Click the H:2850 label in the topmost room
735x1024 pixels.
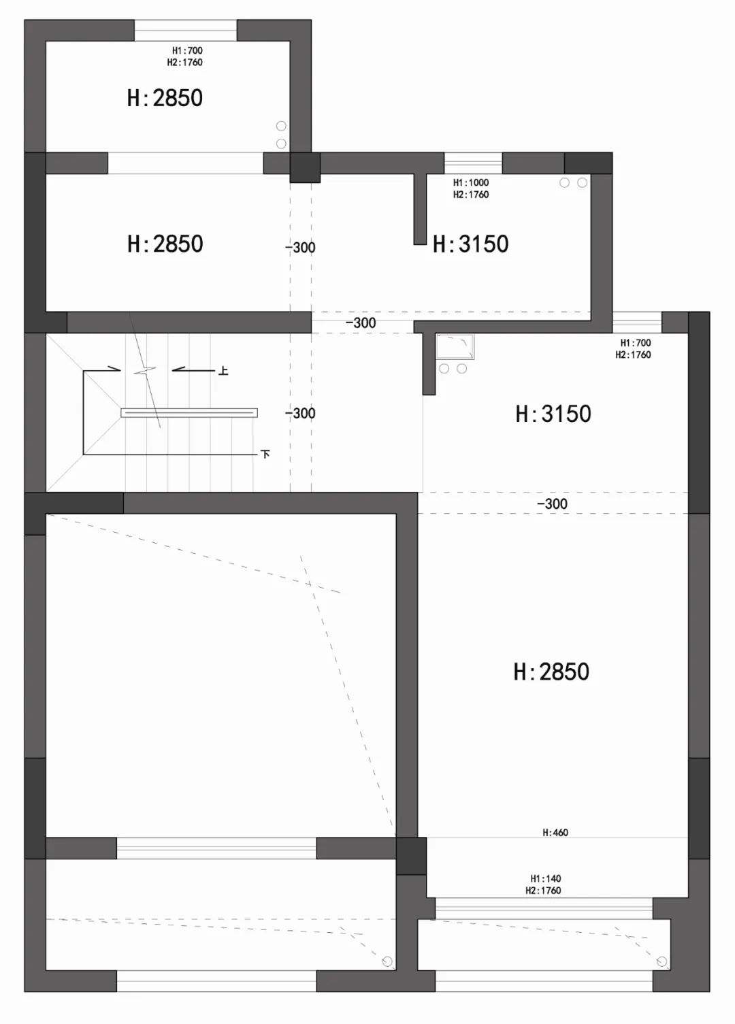pos(165,98)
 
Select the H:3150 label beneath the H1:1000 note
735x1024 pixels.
pos(471,244)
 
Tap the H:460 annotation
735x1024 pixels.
pos(555,832)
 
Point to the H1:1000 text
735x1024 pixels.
pos(471,182)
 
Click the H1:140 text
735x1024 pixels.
pos(546,878)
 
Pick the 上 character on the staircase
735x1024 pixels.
pos(223,371)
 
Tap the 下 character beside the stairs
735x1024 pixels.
pos(265,454)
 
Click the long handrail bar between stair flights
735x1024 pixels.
pos(189,412)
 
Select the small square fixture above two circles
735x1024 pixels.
pos(455,346)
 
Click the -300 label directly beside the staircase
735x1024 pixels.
pos(300,413)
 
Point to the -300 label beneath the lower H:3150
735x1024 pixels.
pos(552,504)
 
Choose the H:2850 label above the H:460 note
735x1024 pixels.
pos(551,672)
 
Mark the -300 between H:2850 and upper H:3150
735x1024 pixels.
pos(300,248)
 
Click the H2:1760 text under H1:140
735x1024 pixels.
pos(543,891)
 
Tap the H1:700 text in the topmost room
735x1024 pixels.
pos(187,50)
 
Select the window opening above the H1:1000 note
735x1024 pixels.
pos(473,163)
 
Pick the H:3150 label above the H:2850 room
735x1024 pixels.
pos(553,414)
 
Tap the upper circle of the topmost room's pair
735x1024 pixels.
pos(281,126)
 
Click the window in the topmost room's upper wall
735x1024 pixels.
pos(185,31)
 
